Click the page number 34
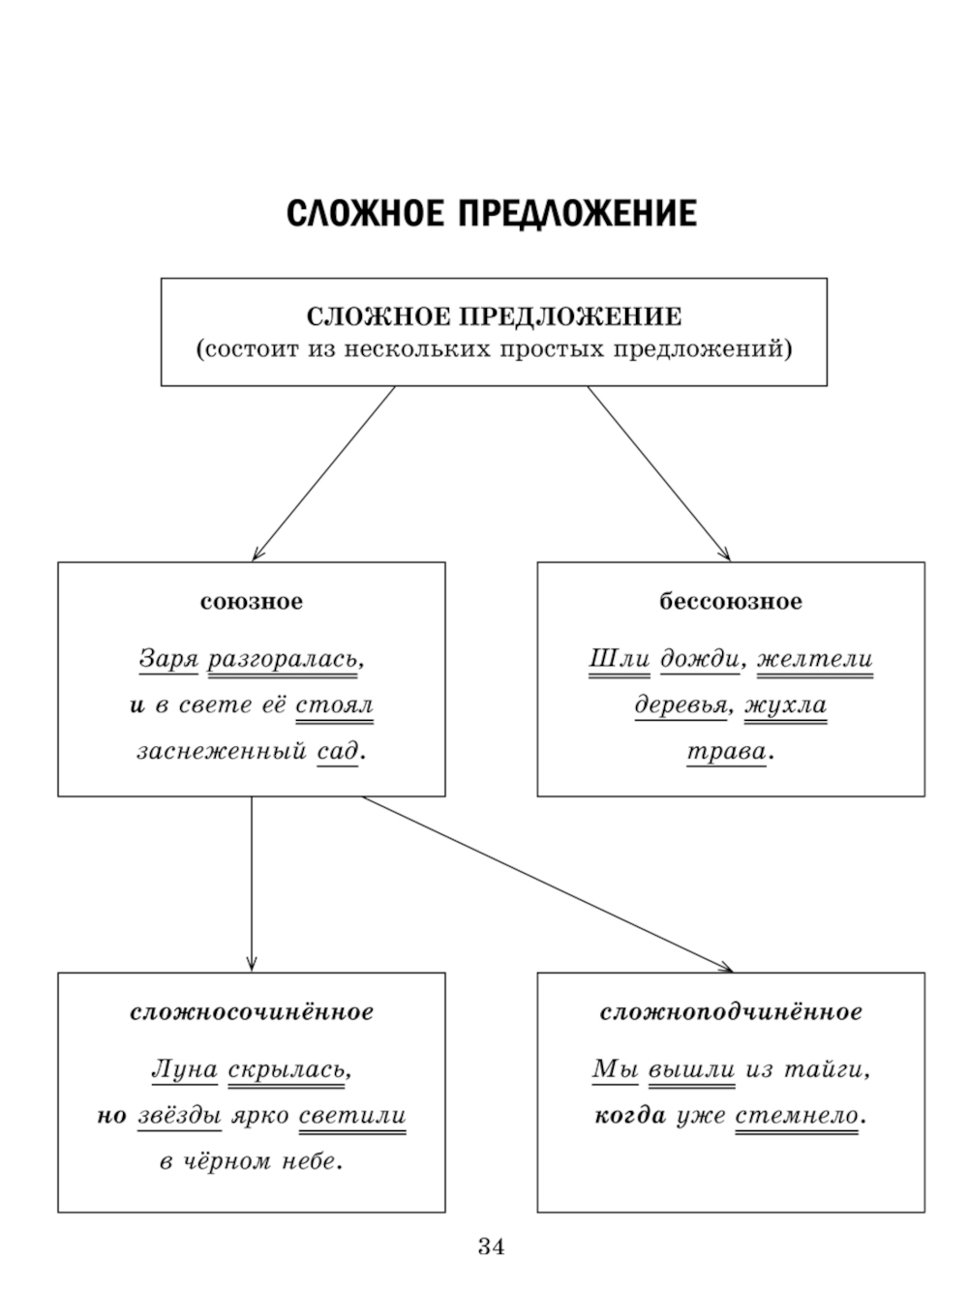(x=491, y=1246)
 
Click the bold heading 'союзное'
(x=252, y=602)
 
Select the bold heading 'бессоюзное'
(x=731, y=602)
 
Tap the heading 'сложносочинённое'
(x=252, y=1012)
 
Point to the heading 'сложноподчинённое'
(x=731, y=1012)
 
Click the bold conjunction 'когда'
(x=630, y=1116)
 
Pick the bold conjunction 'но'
(x=112, y=1116)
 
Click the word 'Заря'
(x=168, y=659)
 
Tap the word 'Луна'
(x=184, y=1070)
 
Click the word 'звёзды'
(x=179, y=1116)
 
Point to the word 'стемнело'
(x=797, y=1116)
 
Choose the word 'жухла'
(x=786, y=705)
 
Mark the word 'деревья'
(x=681, y=705)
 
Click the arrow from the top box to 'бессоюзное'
(x=658, y=473)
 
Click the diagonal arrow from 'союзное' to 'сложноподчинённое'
(x=547, y=883)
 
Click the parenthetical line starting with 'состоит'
(x=494, y=349)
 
